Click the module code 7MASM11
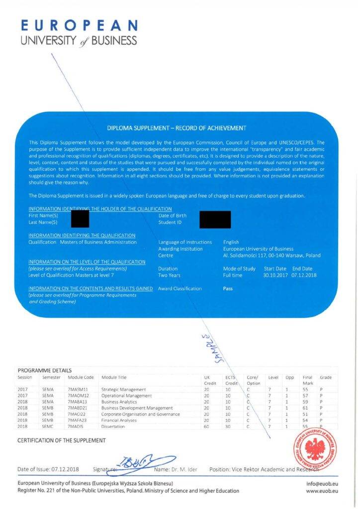(79, 389)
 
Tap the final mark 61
(305, 408)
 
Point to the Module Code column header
(81, 377)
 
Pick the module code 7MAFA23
(79, 420)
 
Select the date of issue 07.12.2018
(65, 469)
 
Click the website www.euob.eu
(322, 491)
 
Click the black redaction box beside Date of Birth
(215, 219)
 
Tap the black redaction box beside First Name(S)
(80, 219)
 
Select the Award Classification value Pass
(228, 288)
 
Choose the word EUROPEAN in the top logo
(79, 25)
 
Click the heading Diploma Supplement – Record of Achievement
(177, 128)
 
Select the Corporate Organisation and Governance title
(140, 414)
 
